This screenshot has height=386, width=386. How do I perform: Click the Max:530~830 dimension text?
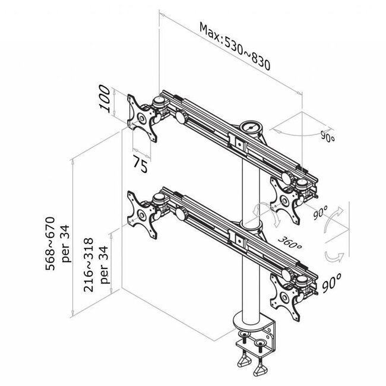pos(235,47)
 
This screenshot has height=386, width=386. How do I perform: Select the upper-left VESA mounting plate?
pos(143,118)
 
